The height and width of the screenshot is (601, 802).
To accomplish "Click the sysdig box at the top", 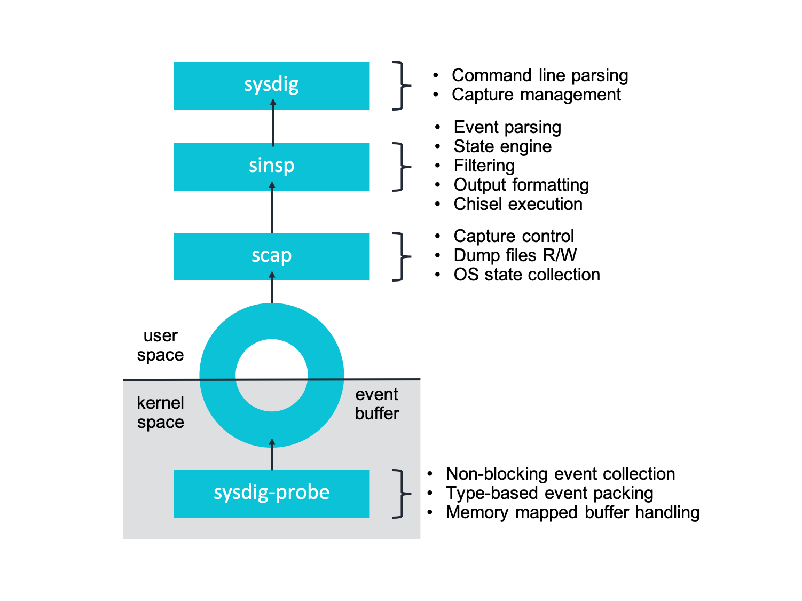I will [271, 85].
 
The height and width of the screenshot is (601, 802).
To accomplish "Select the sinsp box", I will [271, 167].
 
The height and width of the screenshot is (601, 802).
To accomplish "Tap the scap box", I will [271, 256].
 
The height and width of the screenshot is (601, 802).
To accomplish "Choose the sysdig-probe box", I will [271, 493].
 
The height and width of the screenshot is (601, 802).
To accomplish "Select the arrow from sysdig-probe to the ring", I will [272, 455].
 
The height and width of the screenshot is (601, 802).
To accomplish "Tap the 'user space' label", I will [160, 345].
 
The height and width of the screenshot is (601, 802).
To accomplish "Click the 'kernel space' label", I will [160, 412].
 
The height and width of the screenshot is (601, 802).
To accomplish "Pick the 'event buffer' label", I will [377, 403].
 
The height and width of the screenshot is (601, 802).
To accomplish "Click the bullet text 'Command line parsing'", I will [539, 75].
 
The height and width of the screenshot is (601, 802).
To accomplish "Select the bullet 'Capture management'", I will [536, 95].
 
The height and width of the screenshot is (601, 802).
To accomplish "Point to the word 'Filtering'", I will [484, 166].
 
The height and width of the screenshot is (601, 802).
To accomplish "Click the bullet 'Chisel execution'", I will [517, 204].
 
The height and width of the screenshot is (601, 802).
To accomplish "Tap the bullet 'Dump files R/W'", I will [515, 255].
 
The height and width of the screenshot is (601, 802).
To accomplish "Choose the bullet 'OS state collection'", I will [526, 275].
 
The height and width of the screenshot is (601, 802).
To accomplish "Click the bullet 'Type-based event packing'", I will [549, 493].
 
